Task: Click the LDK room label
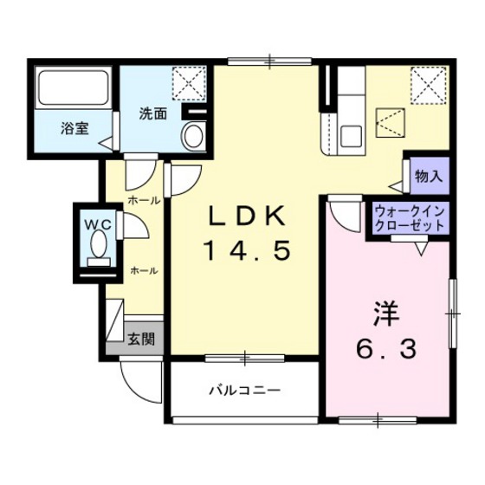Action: click(247, 217)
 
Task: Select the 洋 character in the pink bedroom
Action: click(385, 314)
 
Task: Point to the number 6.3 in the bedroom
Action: click(386, 349)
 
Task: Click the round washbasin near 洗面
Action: click(194, 135)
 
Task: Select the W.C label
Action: click(97, 223)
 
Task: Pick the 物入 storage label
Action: click(429, 176)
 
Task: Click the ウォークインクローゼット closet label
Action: click(411, 217)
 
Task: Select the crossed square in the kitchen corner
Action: click(427, 85)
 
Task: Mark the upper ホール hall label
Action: click(143, 200)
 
